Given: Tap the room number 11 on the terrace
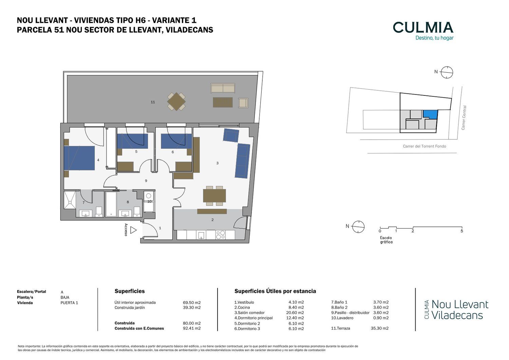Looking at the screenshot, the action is click(153, 102).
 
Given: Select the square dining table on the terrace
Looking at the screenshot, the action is click(176, 102).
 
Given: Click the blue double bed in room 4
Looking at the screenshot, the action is click(79, 158).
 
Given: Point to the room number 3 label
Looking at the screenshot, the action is click(218, 163).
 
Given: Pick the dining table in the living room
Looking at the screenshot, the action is click(214, 196).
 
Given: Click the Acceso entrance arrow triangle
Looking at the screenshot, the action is click(133, 230).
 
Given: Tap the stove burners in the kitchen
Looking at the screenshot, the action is click(221, 235).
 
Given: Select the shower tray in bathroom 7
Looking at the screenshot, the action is click(70, 200).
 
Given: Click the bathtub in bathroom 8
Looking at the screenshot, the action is click(111, 204).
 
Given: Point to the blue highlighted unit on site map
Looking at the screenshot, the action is click(431, 114).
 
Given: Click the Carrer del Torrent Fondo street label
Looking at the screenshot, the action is click(425, 146).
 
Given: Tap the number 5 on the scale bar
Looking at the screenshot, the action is click(462, 231).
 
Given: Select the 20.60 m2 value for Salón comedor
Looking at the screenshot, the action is click(295, 313).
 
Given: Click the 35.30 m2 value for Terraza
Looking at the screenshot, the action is click(380, 328).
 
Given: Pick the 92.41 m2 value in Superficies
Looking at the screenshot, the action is click(192, 328).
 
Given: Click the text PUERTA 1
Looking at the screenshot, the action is click(69, 303).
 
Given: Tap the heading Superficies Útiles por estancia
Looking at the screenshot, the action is click(275, 291).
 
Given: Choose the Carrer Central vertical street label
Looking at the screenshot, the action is click(464, 118).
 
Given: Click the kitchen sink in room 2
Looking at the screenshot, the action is click(201, 235).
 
